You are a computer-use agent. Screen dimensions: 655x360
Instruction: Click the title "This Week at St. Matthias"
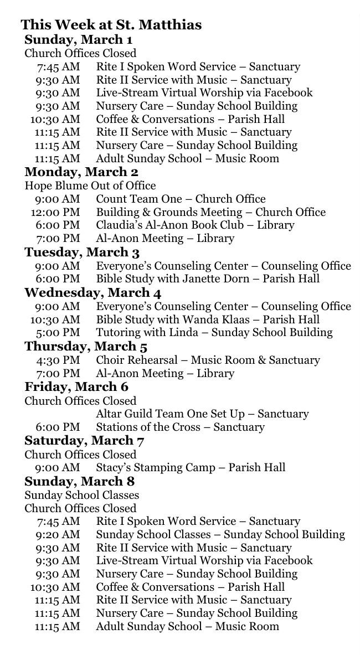[x=111, y=25]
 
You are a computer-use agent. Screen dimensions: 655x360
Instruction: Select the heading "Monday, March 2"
[x=81, y=172]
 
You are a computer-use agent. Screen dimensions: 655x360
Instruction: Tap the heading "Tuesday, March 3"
[x=82, y=252]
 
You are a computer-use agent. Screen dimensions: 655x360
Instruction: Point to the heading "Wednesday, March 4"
[x=93, y=292]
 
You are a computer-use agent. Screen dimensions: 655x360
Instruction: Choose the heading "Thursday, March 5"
[x=86, y=347]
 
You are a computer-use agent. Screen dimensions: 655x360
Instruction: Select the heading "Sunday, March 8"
[x=79, y=481]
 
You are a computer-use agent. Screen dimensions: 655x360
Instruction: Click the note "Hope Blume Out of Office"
[x=90, y=185]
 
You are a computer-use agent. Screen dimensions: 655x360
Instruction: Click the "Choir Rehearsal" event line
[x=208, y=360]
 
